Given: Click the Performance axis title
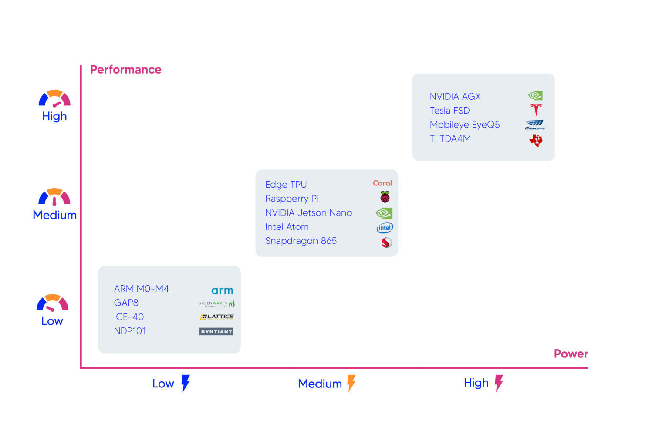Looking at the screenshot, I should click(125, 70).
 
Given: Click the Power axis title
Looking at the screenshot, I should click(571, 354).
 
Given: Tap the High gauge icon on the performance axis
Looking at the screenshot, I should click(54, 98).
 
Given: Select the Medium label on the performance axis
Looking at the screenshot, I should click(54, 215).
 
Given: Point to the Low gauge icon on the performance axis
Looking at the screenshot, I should click(52, 303).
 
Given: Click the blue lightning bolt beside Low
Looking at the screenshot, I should click(186, 383).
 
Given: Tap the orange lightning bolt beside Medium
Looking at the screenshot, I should click(351, 383).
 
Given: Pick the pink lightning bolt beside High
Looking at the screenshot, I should click(499, 383).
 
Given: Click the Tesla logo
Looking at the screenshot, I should click(536, 110).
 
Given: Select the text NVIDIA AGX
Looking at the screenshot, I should click(455, 97).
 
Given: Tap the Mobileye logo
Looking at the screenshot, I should click(535, 125).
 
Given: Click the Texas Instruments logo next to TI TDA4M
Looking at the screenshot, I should click(536, 140).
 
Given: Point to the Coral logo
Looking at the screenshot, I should click(382, 183).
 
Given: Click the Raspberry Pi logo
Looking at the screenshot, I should click(385, 197).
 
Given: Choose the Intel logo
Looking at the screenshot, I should click(385, 228).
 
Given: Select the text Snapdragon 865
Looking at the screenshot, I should click(301, 241).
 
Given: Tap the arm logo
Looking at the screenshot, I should click(222, 290).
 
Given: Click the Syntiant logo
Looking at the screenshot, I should click(216, 332).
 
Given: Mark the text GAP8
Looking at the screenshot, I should click(126, 303).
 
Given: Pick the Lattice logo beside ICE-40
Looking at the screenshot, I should click(217, 317).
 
